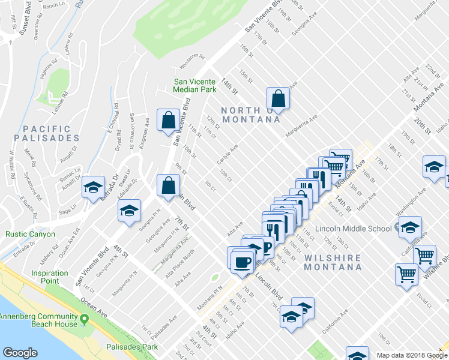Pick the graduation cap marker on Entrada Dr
(94, 187)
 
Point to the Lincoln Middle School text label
(356, 228)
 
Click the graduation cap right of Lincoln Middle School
(410, 227)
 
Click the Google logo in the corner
(20, 353)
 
